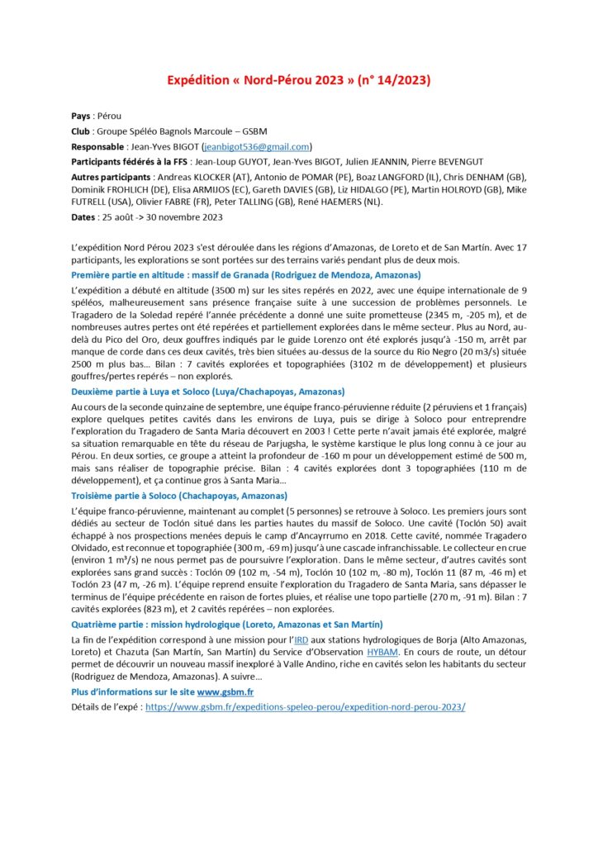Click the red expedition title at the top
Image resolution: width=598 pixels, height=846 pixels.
299,80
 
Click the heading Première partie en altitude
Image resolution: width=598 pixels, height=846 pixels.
246,274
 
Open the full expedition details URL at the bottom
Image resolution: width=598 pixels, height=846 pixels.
305,707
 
